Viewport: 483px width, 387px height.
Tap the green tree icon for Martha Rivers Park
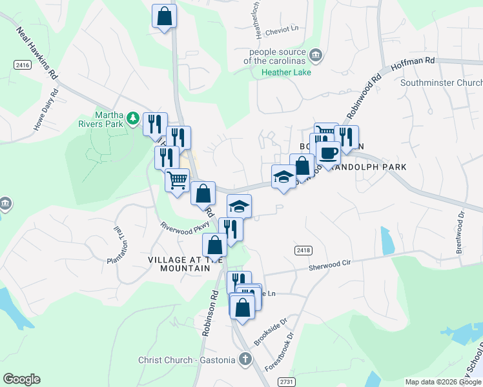click(x=132, y=118)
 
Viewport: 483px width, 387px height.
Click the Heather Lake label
click(x=286, y=72)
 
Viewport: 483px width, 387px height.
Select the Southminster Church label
click(x=441, y=83)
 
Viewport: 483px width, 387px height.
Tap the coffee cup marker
click(x=328, y=154)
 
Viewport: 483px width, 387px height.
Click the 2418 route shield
click(x=304, y=250)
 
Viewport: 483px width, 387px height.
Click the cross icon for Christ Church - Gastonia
click(x=245, y=359)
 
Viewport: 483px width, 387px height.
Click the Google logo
click(x=21, y=379)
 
